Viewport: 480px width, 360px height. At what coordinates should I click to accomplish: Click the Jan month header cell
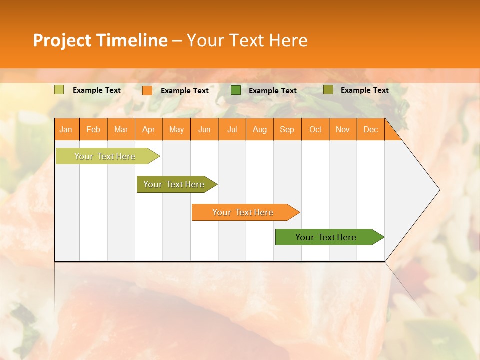[66, 129]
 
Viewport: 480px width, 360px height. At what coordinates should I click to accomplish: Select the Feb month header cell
[93, 129]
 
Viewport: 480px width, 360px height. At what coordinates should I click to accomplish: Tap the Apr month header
[149, 129]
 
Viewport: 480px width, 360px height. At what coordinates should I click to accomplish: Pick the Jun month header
[204, 129]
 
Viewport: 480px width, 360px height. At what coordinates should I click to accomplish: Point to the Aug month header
[260, 129]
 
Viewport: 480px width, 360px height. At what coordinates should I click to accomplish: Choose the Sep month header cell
[287, 129]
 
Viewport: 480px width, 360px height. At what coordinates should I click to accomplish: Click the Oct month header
[315, 129]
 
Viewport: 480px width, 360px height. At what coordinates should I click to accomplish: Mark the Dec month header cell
[371, 129]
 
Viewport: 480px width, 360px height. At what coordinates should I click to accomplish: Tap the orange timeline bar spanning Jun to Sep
[243, 212]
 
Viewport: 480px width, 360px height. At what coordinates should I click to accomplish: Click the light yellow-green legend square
[59, 90]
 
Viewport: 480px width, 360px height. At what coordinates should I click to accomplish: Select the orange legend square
[147, 90]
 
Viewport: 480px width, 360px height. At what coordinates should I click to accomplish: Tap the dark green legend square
[236, 90]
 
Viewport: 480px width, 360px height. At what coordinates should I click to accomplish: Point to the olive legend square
[328, 90]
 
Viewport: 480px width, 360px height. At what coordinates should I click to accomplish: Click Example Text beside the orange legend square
[185, 91]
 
